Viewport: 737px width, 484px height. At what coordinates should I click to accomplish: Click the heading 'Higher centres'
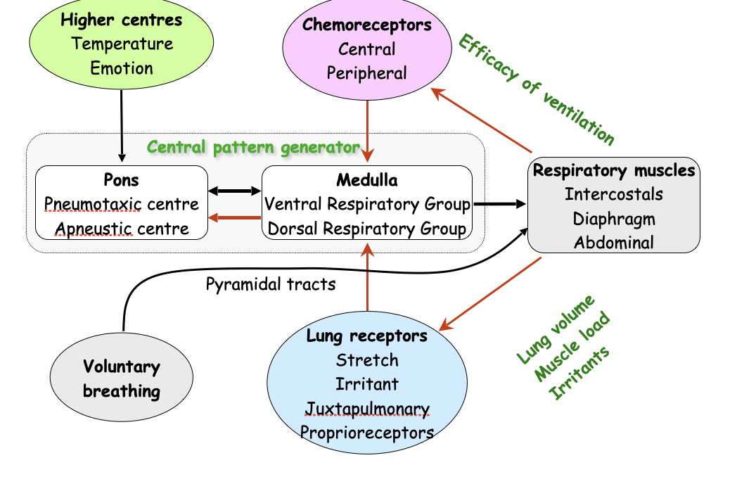pos(122,20)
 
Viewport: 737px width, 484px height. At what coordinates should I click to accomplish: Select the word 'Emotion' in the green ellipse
pos(122,68)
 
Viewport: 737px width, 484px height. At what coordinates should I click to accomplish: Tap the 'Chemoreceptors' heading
pos(366,25)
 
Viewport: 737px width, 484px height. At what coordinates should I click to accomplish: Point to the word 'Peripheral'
pos(366,73)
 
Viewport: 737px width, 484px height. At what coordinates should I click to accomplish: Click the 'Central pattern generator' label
pos(253,148)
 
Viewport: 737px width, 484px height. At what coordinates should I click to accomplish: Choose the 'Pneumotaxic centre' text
pos(122,205)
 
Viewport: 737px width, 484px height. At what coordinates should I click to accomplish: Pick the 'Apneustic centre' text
pos(122,229)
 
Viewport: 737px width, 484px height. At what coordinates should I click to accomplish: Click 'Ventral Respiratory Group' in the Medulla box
pos(366,205)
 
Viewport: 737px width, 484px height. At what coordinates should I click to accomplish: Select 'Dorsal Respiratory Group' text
pos(366,229)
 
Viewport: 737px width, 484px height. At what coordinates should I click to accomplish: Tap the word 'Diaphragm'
pos(613,218)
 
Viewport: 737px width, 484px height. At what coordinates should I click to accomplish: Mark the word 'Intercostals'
pos(613,193)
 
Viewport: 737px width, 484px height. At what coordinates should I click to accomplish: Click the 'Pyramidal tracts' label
pos(271,284)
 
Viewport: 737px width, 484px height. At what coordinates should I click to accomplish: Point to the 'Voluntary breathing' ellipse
pos(122,379)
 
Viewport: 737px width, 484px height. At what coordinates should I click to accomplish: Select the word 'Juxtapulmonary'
pos(366,408)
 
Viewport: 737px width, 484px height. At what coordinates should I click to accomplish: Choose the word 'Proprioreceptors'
pos(366,432)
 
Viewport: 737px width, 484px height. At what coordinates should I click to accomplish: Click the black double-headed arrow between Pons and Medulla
pos(234,191)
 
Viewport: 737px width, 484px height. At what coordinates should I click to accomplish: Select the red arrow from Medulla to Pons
pos(234,217)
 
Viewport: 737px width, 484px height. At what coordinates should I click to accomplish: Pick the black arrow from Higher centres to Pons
pos(122,127)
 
